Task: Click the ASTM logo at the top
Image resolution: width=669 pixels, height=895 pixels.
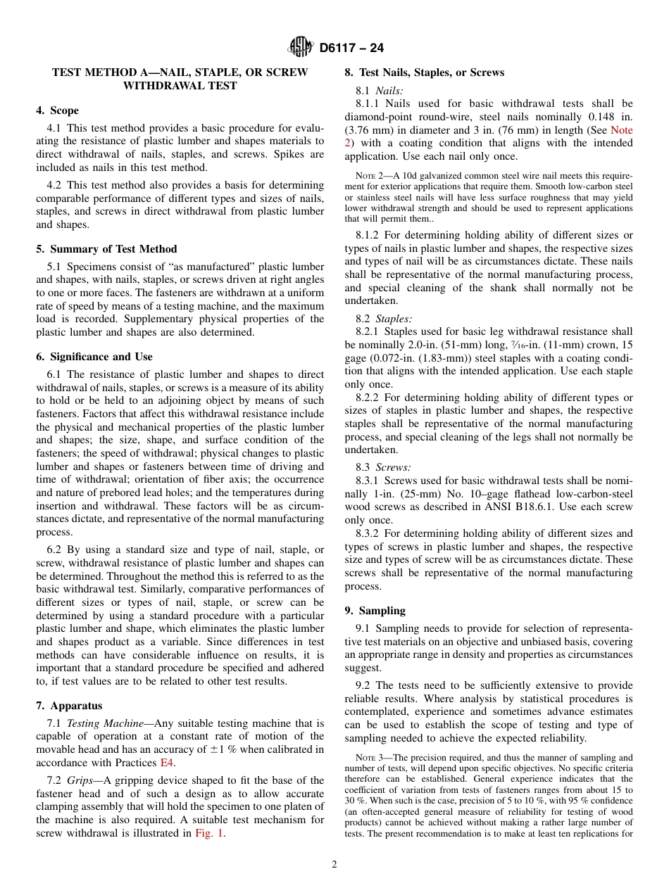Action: click(x=301, y=47)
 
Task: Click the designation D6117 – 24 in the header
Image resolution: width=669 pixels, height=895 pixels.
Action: click(x=351, y=48)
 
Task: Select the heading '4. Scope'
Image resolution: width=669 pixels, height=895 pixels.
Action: click(x=58, y=110)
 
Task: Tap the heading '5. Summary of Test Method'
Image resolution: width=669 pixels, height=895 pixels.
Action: click(x=106, y=249)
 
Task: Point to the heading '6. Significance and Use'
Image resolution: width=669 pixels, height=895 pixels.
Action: click(x=94, y=357)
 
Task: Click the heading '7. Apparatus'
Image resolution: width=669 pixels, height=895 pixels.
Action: click(x=69, y=706)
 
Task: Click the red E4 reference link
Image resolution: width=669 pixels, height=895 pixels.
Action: click(x=168, y=763)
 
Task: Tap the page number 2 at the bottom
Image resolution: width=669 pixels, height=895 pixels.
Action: click(x=334, y=865)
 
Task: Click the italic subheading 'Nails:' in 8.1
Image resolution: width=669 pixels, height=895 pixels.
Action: click(x=389, y=91)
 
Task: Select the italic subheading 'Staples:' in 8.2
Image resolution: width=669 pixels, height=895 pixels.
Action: click(x=394, y=318)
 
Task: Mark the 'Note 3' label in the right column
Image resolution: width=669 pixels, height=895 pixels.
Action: click(x=370, y=758)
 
